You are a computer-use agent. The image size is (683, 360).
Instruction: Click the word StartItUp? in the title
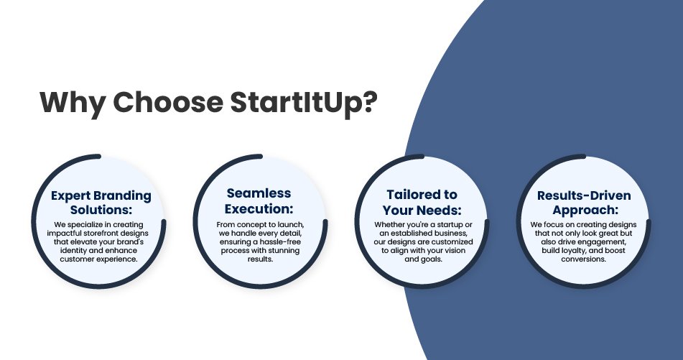click(304, 103)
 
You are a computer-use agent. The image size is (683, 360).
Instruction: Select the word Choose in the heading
click(168, 102)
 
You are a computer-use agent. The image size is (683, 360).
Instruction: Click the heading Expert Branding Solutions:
click(101, 203)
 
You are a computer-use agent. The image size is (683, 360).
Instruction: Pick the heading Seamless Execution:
click(259, 201)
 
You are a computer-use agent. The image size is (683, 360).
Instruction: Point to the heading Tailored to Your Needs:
click(422, 202)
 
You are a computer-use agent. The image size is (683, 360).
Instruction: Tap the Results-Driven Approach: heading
click(584, 202)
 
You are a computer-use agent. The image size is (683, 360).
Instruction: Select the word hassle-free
click(280, 242)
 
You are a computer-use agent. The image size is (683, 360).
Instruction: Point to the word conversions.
click(584, 259)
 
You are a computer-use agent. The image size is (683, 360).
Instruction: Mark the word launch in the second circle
click(292, 225)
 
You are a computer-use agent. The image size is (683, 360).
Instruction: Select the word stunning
click(285, 251)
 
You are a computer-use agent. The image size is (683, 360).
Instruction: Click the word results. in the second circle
click(260, 259)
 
